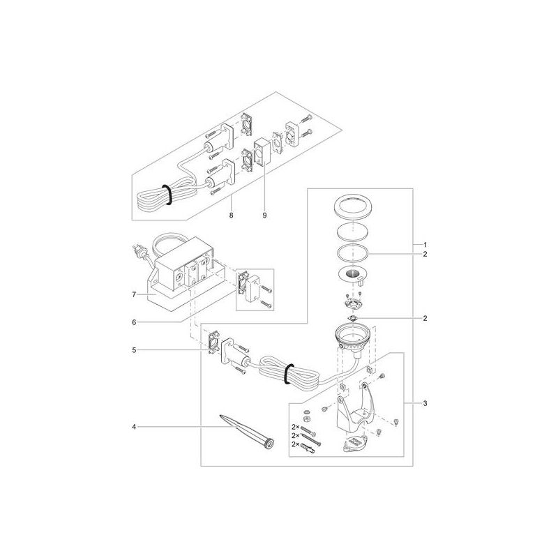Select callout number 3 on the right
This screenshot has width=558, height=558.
(425, 404)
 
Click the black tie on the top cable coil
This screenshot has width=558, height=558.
(167, 195)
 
